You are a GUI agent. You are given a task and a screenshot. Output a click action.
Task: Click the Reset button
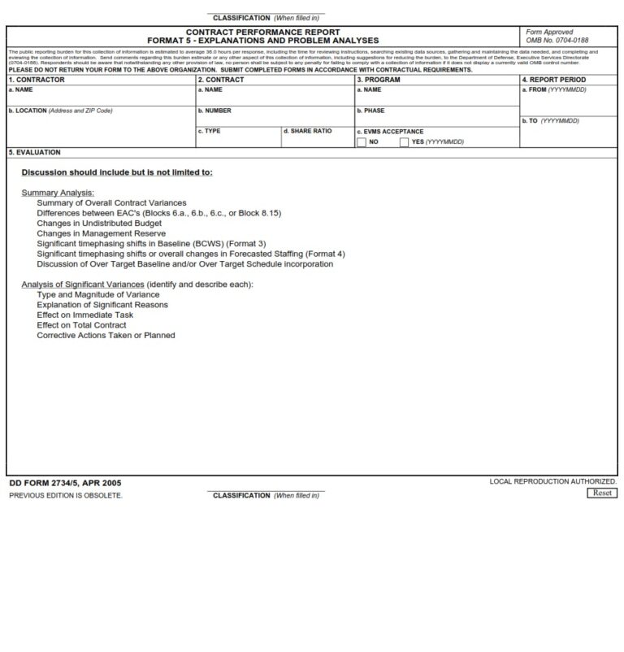pos(601,493)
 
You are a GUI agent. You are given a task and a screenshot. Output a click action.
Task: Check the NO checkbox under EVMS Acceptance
pos(362,142)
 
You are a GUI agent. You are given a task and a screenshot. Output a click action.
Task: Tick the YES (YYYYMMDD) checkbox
pos(404,142)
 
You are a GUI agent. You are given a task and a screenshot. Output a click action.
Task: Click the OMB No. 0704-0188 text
pos(557,40)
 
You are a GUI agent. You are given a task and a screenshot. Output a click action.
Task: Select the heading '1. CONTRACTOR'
pos(37,80)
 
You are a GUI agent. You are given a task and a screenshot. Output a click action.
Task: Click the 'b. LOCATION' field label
pos(60,111)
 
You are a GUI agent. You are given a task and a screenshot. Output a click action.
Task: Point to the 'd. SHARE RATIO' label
pos(308,131)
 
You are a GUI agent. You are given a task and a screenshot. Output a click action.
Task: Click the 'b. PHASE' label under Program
pos(370,111)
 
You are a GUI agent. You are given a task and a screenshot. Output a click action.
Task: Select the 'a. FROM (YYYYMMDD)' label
pos(553,90)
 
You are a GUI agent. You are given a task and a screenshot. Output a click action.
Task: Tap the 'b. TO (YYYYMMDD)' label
pos(550,121)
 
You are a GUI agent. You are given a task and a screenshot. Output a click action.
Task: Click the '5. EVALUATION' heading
pos(34,152)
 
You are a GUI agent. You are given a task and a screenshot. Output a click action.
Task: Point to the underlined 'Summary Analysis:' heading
pos(58,193)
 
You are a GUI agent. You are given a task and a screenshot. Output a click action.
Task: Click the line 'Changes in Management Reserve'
pos(101,233)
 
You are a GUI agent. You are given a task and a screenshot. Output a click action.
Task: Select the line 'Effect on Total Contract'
pos(81,325)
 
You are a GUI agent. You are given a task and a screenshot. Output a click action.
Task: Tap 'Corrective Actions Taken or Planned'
pos(106,335)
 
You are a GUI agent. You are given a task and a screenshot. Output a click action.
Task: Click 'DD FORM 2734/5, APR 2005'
pos(65,483)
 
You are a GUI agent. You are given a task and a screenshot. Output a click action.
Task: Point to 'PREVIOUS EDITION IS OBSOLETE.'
pos(66,495)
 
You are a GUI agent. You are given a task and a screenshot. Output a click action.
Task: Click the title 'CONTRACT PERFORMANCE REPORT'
pos(262,32)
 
